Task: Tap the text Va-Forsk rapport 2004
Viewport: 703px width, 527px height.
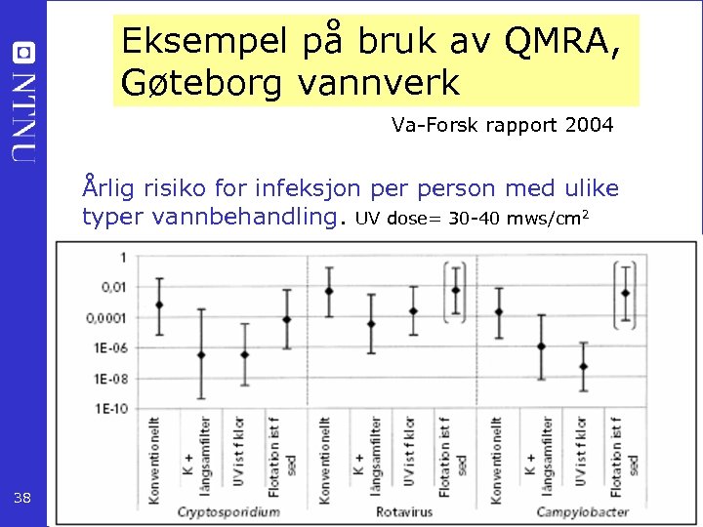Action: click(x=502, y=125)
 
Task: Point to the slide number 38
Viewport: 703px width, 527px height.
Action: click(x=23, y=499)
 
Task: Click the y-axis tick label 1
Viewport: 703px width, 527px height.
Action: click(x=121, y=257)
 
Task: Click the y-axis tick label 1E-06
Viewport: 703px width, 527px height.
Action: click(x=109, y=347)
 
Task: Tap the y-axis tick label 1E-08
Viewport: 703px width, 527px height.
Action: click(x=109, y=378)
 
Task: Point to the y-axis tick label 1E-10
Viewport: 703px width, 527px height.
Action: click(x=109, y=408)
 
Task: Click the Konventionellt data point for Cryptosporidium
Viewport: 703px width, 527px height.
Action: click(x=159, y=304)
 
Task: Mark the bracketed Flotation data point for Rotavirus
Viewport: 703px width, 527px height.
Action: click(x=455, y=290)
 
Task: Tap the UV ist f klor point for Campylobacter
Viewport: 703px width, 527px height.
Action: click(x=583, y=366)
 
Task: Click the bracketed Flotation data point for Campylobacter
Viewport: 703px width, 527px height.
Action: click(x=625, y=293)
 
